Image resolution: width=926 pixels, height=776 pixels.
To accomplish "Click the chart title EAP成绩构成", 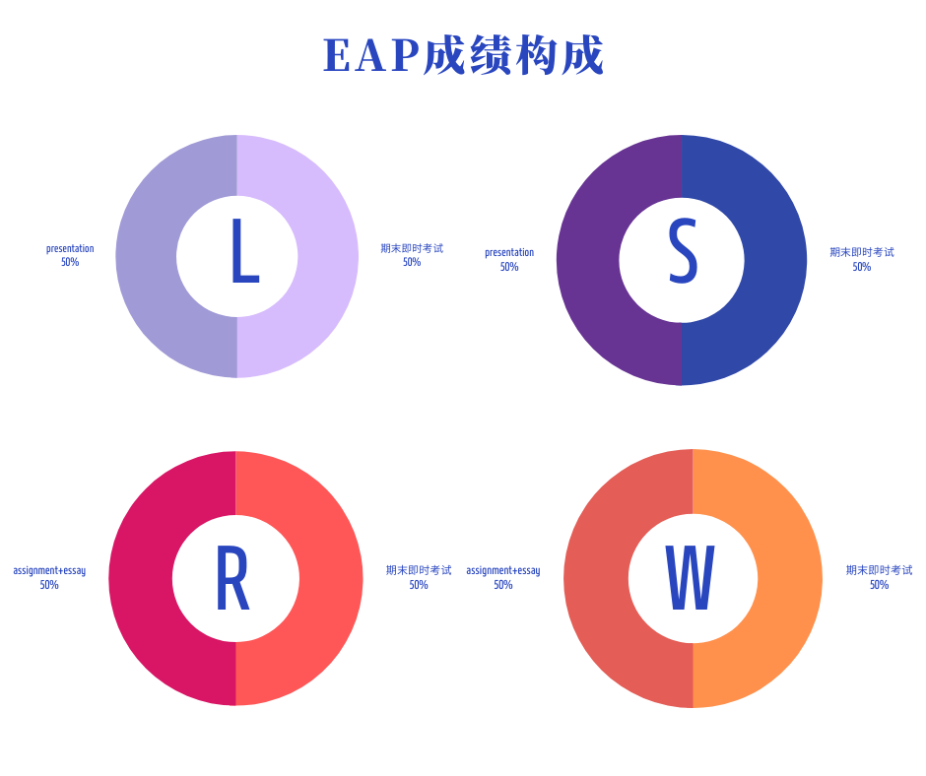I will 463,55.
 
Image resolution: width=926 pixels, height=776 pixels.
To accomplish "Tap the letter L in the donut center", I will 242,252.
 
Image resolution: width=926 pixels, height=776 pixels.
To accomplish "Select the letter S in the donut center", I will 683,252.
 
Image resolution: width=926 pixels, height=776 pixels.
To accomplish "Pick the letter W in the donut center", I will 690,578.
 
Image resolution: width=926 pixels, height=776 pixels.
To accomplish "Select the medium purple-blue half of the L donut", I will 146,256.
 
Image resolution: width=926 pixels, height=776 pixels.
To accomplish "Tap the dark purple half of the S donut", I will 588,260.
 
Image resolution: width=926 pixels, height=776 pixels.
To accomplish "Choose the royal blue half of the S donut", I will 775,260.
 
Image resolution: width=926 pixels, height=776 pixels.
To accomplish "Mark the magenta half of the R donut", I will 141,578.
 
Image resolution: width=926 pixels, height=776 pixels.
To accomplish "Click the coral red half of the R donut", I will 331,578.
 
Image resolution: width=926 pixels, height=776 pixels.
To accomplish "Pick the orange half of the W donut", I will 790,578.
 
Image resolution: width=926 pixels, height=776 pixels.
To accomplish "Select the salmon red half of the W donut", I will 596,578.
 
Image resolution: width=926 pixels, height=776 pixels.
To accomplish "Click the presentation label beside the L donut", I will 70,249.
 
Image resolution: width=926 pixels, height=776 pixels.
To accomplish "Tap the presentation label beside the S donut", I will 509,253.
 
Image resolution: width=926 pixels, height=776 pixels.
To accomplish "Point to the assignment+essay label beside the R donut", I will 49,571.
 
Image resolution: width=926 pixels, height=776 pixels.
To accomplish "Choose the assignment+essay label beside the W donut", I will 503,571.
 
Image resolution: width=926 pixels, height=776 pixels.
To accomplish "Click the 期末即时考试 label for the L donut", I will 412,249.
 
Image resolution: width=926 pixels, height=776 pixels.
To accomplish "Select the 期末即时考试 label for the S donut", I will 862,253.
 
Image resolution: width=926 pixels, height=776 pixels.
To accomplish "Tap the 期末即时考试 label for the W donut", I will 879,571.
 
